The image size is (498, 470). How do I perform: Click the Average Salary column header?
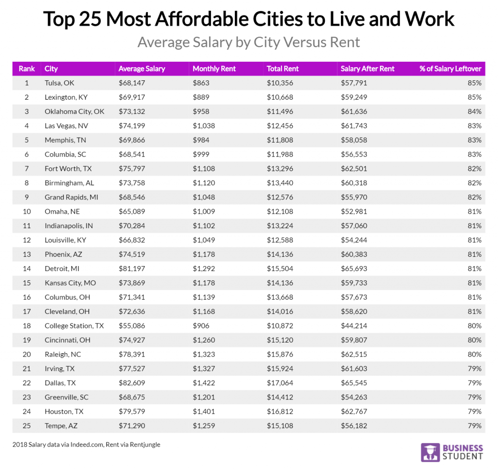142,69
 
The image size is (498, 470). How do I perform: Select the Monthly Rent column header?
214,69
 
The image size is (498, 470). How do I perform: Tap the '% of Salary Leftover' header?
450,69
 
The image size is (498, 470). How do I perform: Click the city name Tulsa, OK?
59,83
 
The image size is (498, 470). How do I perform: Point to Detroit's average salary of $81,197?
132,269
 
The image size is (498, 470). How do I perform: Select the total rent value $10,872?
280,326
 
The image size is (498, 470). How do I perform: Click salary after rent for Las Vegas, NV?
354,126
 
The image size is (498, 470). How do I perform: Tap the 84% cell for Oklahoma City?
475,111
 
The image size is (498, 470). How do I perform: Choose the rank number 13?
26,254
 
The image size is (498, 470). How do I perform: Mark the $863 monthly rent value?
201,83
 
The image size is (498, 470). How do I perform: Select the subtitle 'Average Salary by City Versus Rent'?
249,42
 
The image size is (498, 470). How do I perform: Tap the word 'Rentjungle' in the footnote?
143,444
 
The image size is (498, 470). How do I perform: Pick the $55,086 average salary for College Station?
132,326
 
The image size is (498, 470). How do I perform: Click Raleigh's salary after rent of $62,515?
354,354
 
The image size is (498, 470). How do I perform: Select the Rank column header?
27,69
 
